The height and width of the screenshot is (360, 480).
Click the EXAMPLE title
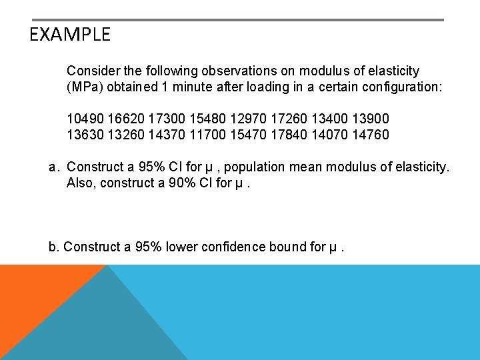[x=70, y=35]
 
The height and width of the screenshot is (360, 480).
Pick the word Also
[x=81, y=183]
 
